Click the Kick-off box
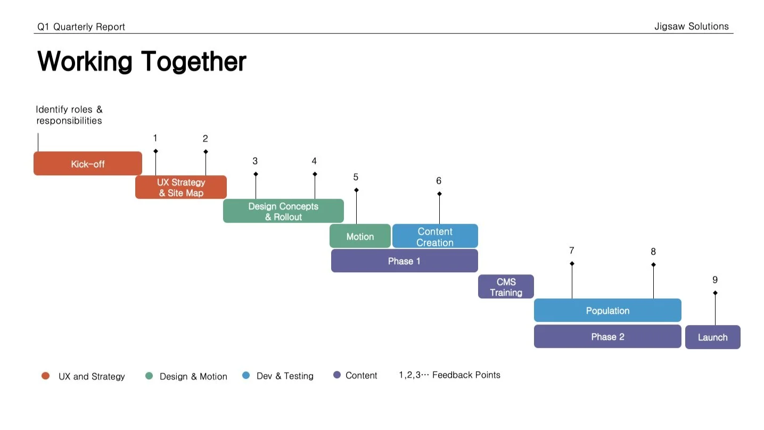point(88,164)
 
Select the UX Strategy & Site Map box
point(181,188)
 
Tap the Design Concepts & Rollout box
point(283,211)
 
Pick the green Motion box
point(360,236)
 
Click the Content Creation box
point(435,236)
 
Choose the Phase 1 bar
point(404,261)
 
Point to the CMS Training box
point(506,287)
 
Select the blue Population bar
point(607,310)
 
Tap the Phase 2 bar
point(607,336)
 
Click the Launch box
point(712,337)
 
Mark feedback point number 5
point(356,177)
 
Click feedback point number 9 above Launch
point(715,280)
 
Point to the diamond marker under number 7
point(572,264)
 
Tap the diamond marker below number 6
point(439,194)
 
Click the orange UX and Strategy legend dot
point(45,376)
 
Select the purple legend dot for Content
point(336,375)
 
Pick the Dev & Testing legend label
point(285,376)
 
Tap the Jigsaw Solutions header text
point(692,27)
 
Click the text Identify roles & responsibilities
point(69,115)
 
